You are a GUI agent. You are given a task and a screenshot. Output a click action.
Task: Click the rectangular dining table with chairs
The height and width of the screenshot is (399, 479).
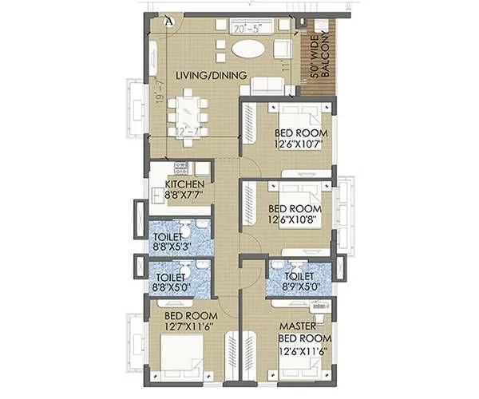[x=189, y=117]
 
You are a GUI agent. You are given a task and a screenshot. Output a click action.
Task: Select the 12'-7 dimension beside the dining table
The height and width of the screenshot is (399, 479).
[x=188, y=130]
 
